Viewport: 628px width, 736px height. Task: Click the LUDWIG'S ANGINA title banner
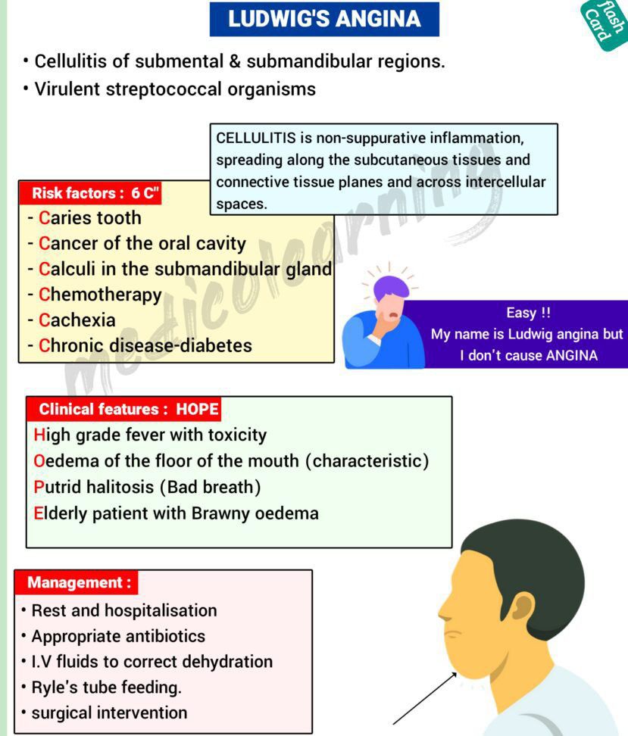pos(324,19)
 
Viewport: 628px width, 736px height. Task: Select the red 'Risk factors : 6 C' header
pos(89,193)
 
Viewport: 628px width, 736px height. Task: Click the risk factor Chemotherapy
pos(100,295)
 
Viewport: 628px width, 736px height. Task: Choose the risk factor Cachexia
pos(77,320)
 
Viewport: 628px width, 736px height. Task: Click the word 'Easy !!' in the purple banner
pos(528,313)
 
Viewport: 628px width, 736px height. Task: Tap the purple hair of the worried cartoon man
pos(391,286)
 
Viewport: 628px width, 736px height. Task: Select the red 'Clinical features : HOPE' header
pos(123,410)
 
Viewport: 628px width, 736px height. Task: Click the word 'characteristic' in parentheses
pos(367,461)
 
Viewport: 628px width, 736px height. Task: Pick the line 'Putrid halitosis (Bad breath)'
pos(147,487)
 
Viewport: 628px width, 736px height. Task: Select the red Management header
pos(76,582)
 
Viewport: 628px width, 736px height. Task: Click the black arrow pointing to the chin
pos(425,698)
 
